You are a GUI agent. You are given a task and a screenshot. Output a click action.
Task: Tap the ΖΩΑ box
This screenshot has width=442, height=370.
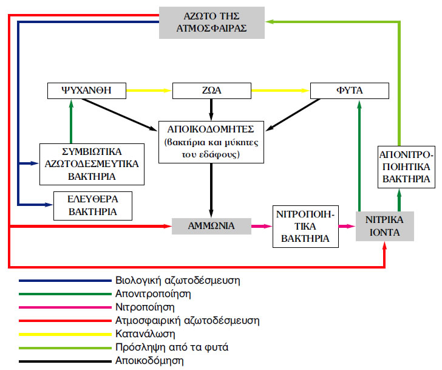[212, 91]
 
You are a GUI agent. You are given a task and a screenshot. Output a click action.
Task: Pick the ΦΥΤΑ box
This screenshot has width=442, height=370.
[349, 91]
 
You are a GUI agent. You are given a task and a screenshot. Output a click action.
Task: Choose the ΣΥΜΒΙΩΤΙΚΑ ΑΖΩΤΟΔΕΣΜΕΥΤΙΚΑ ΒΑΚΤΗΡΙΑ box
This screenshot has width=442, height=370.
[92, 163]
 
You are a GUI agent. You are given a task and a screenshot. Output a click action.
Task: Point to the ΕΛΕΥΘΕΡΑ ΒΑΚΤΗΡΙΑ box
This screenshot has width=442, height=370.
[92, 206]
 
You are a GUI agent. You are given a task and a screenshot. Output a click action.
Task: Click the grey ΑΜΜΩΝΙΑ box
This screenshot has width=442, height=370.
[211, 226]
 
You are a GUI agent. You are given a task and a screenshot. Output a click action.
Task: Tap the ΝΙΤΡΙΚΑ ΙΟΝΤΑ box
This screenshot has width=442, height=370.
[386, 226]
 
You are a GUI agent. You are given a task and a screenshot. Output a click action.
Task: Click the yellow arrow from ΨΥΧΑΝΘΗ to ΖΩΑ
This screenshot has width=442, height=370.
[149, 91]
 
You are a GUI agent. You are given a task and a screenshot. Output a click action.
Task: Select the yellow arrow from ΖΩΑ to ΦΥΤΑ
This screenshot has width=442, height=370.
[280, 91]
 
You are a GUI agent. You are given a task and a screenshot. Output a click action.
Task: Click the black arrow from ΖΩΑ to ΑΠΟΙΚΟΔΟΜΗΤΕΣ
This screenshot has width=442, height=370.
[211, 109]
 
